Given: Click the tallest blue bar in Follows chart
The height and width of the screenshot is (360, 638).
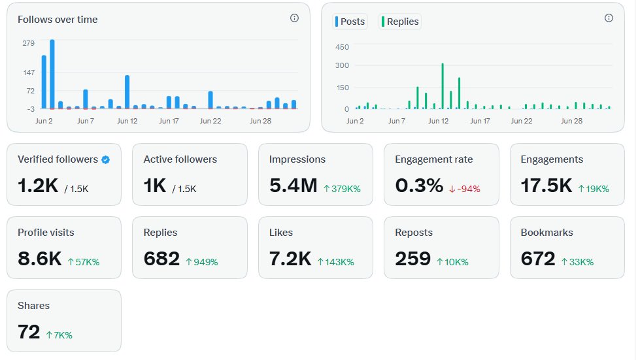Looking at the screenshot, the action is click(52, 74).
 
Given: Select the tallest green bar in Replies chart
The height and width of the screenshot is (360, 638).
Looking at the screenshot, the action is click(443, 86).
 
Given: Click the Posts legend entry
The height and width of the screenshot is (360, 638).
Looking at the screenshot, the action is click(350, 22).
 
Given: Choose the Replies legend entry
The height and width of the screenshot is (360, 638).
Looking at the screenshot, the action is click(399, 22).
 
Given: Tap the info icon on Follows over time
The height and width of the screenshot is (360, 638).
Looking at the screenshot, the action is click(294, 18).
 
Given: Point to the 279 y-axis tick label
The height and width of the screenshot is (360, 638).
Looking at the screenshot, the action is click(29, 43).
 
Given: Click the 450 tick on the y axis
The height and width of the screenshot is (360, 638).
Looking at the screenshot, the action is click(342, 47).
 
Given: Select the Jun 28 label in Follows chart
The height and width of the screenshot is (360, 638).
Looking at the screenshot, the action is click(260, 121).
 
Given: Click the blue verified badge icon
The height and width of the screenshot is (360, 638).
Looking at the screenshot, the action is click(105, 159).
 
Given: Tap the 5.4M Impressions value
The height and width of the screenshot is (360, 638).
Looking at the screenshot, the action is click(293, 186).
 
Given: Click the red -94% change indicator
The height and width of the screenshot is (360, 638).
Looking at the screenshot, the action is click(464, 189).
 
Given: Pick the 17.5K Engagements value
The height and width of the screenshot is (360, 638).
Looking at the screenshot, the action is click(546, 186).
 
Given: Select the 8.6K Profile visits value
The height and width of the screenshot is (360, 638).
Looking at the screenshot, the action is click(39, 259).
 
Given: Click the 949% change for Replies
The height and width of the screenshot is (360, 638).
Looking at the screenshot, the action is click(202, 262).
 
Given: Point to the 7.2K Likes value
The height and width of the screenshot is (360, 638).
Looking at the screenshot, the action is click(290, 259).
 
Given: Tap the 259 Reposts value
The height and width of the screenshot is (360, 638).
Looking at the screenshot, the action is click(412, 259).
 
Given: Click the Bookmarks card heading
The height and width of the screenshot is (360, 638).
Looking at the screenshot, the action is click(547, 233).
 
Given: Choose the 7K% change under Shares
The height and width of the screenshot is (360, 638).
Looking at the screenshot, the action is click(59, 335).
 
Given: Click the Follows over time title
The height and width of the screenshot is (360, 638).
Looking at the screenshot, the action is click(58, 20).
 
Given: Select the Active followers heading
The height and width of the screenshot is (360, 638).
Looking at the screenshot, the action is click(180, 159).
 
